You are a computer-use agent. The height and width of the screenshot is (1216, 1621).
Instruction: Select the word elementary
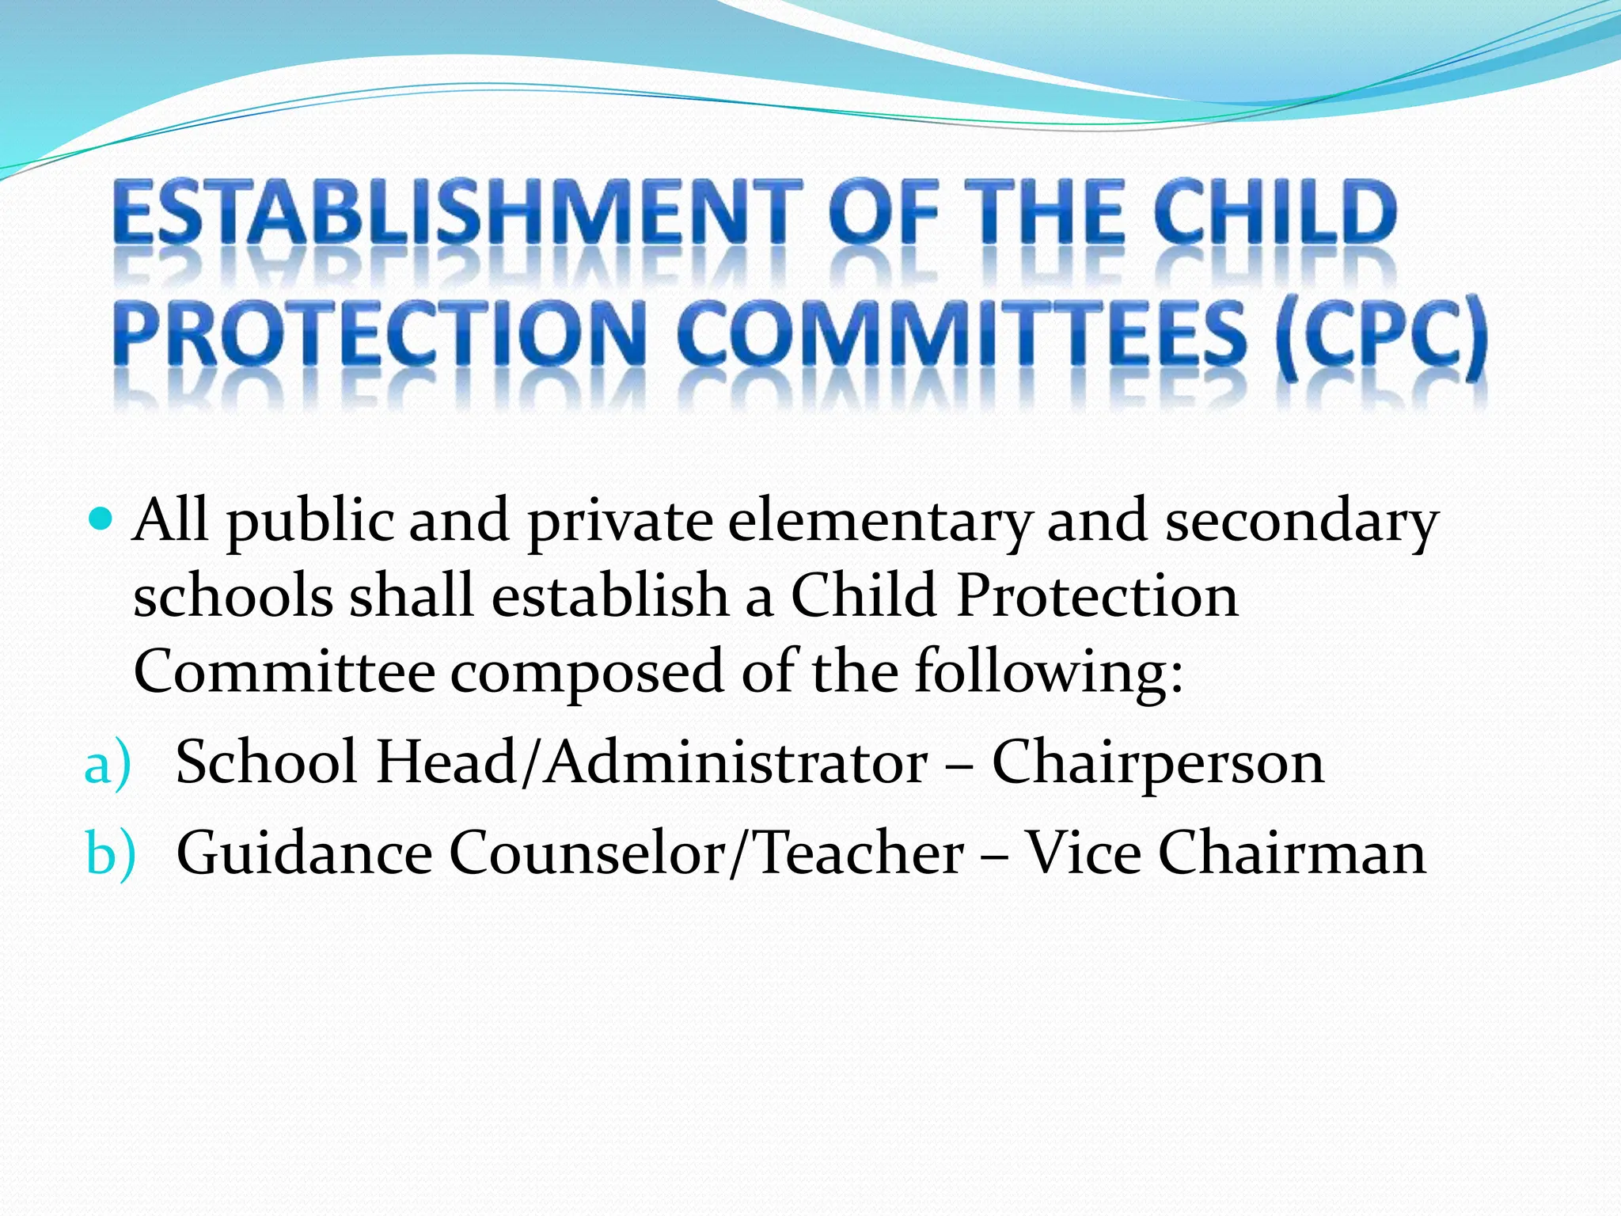[879, 522]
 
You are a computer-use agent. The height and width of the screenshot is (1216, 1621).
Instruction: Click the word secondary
[1301, 522]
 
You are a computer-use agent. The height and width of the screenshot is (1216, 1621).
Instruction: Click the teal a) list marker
[107, 765]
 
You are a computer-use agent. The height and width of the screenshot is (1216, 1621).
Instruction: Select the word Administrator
[736, 763]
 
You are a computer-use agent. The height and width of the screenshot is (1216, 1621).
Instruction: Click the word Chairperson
[1158, 763]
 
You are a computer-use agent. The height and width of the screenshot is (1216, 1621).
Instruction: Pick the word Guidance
[304, 853]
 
